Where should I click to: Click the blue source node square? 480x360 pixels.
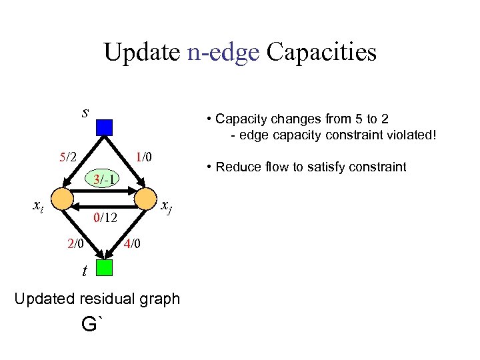pos(104,127)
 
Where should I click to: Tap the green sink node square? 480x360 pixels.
pos(104,268)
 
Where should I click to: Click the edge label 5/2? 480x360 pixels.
pos(68,158)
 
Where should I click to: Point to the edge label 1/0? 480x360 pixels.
pos(144,158)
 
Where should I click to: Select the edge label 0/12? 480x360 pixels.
pos(105,217)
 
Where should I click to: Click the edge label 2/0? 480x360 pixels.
pos(75,244)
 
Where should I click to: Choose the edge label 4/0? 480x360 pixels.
pos(132,244)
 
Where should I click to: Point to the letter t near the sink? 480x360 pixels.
pos(84,271)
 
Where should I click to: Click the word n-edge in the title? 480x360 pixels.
pos(223,52)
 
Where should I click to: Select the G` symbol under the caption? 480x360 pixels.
pos(93,325)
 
